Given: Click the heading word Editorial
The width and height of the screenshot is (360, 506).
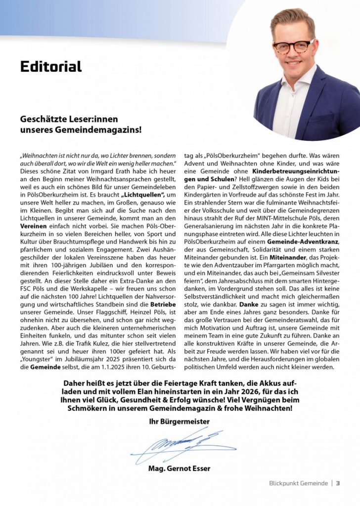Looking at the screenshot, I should pyautogui.click(x=51, y=66).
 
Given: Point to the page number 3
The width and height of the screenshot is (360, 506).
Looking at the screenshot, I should pyautogui.click(x=338, y=483).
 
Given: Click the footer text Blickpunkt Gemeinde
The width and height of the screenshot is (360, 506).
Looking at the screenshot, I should pyautogui.click(x=299, y=483).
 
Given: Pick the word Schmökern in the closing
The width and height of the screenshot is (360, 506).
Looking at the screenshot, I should pyautogui.click(x=89, y=409).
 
